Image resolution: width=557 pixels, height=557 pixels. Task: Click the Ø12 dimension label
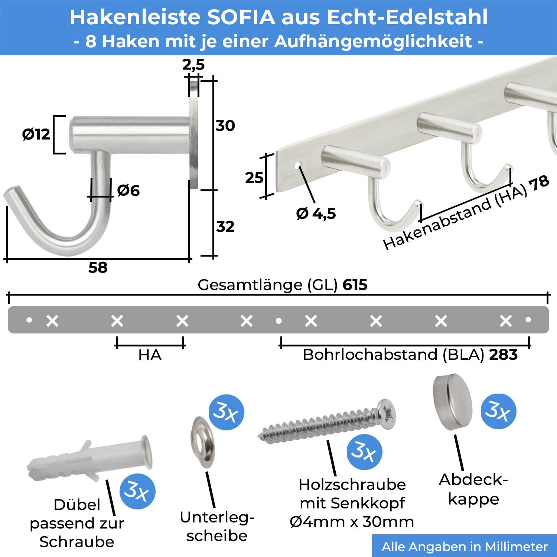(x=36, y=134)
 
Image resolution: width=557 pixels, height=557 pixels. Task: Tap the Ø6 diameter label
(x=128, y=190)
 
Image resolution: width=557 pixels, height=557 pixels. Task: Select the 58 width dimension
(x=98, y=267)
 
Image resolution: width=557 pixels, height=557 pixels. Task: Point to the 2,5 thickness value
(x=193, y=65)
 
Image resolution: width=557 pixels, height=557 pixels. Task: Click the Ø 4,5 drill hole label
(x=316, y=214)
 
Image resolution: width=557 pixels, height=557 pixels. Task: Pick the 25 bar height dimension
(x=254, y=178)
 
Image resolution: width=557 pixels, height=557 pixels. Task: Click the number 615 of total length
(x=355, y=285)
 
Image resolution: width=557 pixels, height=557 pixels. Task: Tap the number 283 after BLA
(x=504, y=355)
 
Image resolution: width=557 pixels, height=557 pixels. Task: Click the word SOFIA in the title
(x=241, y=17)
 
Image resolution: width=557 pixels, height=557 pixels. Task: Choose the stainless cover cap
(x=453, y=402)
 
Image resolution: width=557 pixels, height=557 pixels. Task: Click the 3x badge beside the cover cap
(x=498, y=411)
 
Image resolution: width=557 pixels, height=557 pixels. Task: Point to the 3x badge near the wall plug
(x=137, y=491)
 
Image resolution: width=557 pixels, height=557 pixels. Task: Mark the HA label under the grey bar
(x=150, y=355)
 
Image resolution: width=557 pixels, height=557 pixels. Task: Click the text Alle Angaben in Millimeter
(x=465, y=547)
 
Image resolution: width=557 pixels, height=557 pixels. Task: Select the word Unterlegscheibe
(x=217, y=527)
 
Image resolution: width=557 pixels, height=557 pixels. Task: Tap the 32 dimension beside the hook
(x=225, y=227)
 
